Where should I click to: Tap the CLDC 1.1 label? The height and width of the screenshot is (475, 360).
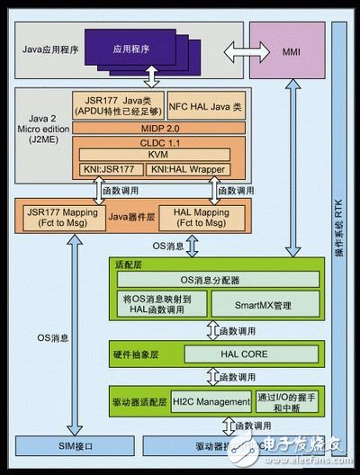(163, 142)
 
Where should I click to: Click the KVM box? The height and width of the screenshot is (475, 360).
(163, 155)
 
